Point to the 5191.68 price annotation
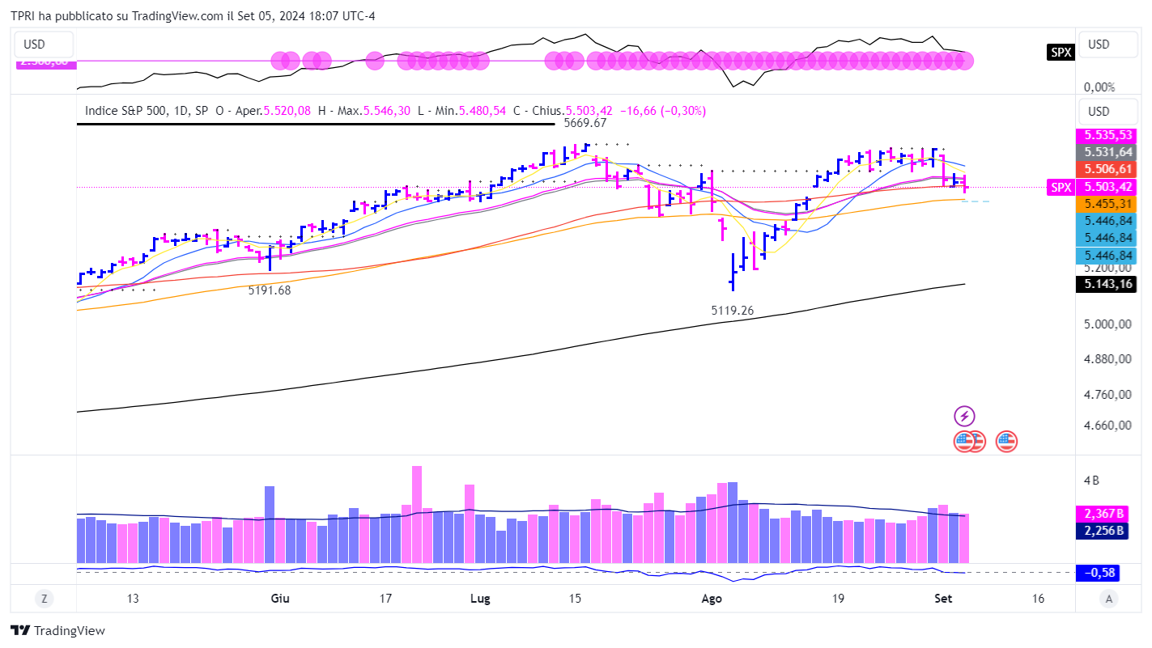[269, 290]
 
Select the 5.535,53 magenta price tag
[1108, 136]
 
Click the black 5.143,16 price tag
[1108, 284]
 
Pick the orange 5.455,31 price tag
[1108, 204]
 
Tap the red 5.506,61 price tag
[1108, 169]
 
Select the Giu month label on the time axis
[280, 599]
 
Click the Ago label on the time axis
[711, 599]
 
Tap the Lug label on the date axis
[480, 599]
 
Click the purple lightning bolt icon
[964, 417]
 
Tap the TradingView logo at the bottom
[58, 630]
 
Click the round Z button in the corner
[44, 599]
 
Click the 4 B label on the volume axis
[1091, 481]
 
